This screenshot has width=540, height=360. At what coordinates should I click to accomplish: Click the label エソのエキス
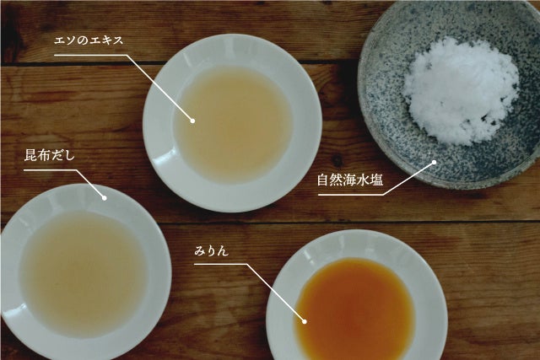89,40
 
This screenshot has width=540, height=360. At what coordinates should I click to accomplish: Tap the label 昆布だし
49,156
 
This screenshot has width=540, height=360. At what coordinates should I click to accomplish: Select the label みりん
211,251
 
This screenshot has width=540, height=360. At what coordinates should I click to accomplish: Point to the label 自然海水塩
350,180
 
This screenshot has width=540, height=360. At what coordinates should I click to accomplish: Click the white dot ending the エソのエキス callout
193,121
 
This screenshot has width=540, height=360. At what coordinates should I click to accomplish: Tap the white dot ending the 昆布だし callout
105,198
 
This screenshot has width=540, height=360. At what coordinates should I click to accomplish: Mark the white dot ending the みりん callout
305,321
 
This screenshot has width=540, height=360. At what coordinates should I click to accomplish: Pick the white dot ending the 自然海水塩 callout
434,162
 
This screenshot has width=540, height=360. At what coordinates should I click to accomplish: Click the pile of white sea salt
461,91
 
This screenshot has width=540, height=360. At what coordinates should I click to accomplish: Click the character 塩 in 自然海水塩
377,180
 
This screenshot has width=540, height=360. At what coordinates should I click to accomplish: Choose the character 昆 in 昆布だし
30,156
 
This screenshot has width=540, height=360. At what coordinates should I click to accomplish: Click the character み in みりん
200,251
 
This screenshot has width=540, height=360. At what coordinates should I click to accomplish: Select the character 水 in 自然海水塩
364,180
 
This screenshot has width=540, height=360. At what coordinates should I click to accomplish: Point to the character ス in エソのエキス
118,41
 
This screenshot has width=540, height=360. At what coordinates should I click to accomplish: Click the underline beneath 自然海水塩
350,195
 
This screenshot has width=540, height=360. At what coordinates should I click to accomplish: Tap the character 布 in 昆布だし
43,156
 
